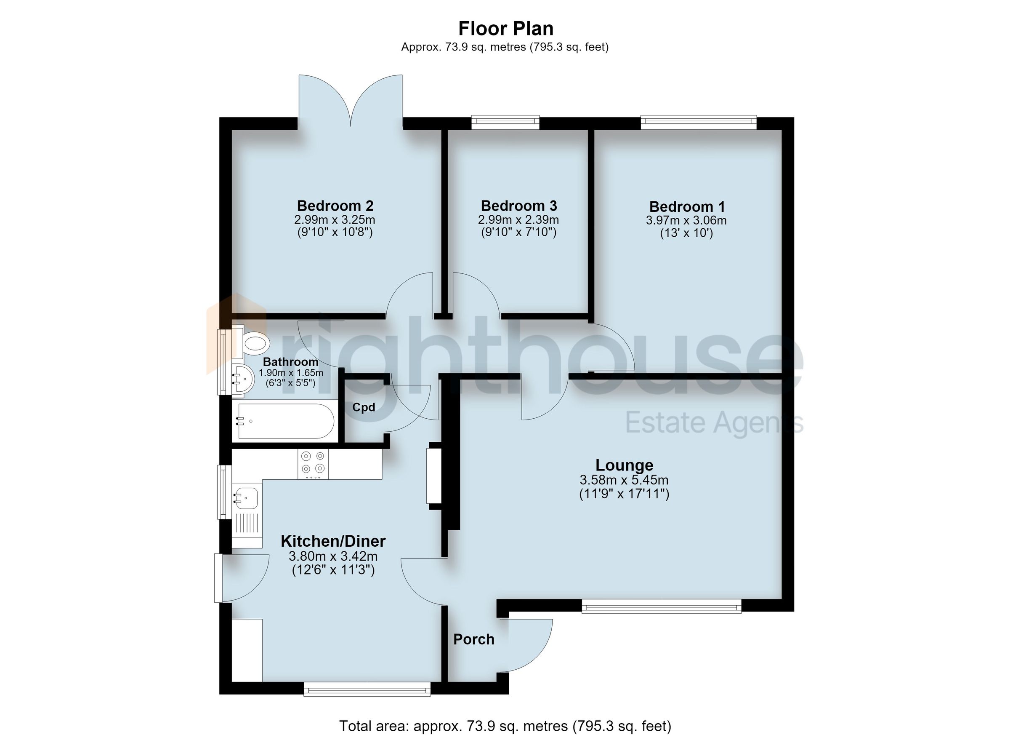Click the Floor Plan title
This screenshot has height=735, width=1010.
coord(505,29)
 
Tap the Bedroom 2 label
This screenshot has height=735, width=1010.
coord(335,206)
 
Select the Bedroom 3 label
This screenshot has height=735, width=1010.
coord(519,206)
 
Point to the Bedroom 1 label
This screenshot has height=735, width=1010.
coord(687,207)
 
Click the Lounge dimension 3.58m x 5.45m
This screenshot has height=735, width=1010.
coord(624,480)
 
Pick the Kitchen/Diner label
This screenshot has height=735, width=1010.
coord(333,541)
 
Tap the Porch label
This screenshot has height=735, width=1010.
coord(474,639)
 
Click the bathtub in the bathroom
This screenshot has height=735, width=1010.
coord(286,421)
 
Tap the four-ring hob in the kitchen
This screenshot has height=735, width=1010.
coord(313,464)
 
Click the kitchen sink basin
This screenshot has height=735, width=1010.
coord(246,498)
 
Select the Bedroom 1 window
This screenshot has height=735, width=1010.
coord(698,122)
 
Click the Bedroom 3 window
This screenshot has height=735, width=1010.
coord(505,122)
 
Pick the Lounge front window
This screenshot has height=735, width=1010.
coord(661,606)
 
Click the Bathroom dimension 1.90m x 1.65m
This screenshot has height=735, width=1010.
coord(291,373)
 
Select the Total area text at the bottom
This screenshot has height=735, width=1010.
coord(505,726)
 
